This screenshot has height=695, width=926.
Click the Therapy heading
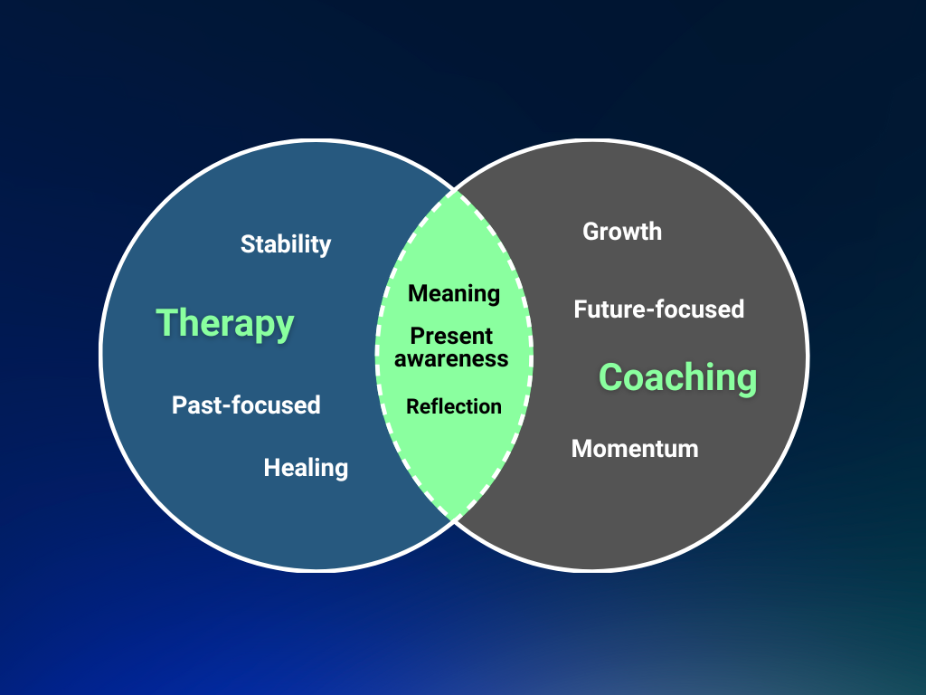pos(225,323)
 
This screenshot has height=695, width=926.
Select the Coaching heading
pos(677,377)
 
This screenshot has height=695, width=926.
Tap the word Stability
pos(286,244)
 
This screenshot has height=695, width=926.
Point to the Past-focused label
pos(246,405)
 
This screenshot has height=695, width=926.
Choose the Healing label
pos(306,468)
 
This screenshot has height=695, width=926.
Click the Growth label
pos(622,232)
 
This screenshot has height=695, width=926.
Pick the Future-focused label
pos(658,309)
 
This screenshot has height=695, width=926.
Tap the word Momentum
pos(635,448)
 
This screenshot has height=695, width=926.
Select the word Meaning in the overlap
pos(454,293)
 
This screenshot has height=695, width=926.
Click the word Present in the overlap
pos(451,337)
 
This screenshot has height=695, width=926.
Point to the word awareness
pos(451,359)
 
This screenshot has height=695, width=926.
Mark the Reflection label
pos(454,407)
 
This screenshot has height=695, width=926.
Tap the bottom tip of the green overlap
pos(454,519)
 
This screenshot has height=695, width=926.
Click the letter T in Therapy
pos(166,323)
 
